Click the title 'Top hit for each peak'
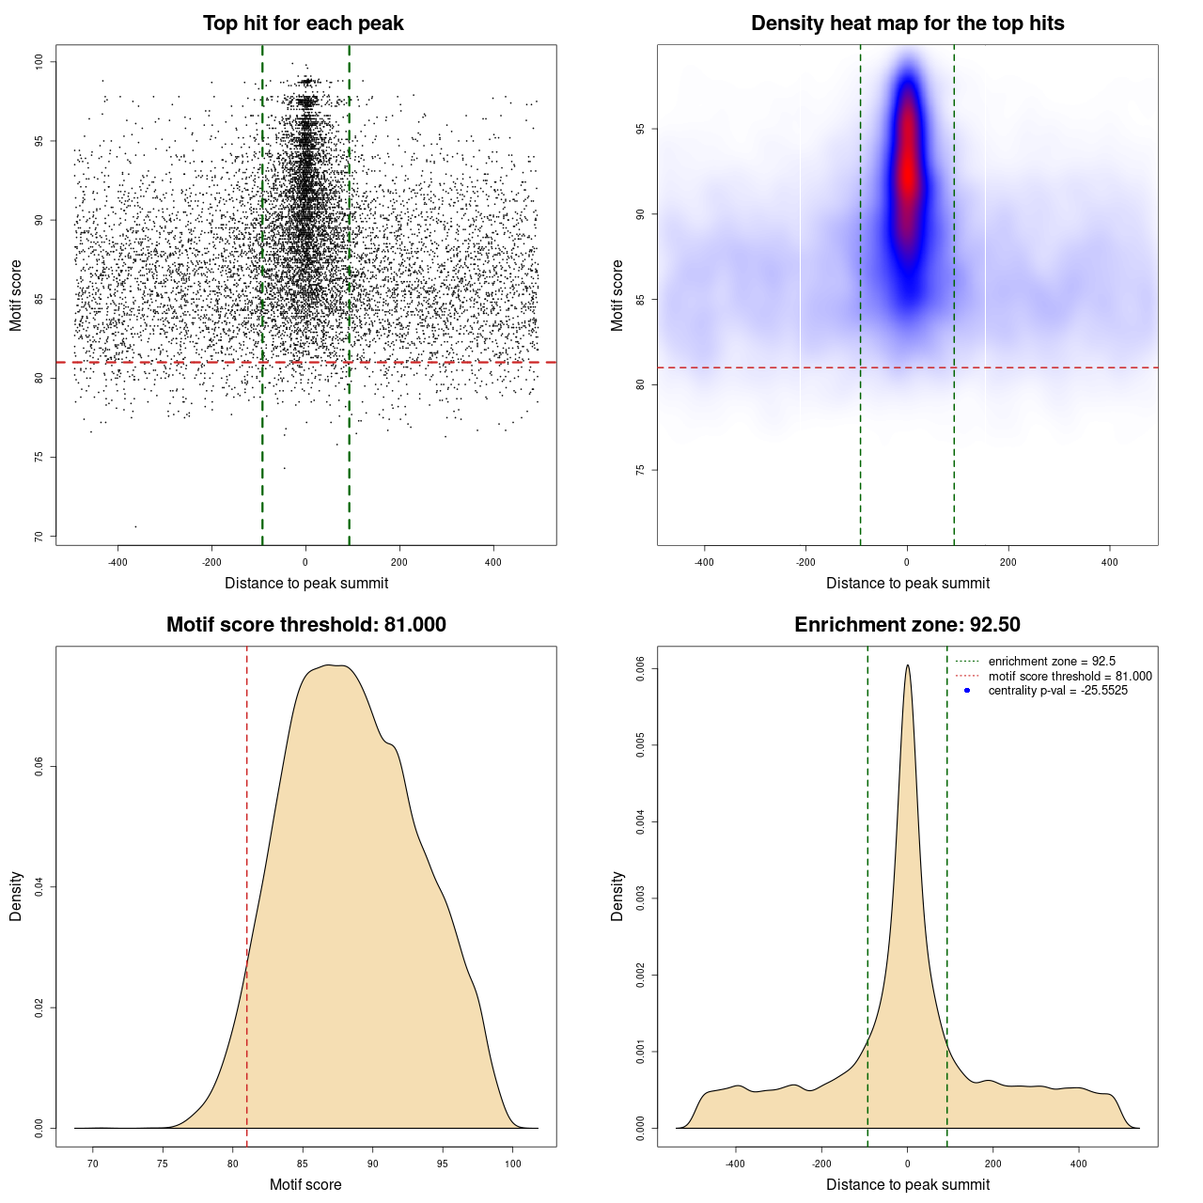[x=303, y=23]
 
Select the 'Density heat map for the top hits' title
[x=907, y=23]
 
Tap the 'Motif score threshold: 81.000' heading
[x=305, y=625]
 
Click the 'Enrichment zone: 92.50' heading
[x=907, y=625]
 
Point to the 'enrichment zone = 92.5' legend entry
[x=1052, y=662]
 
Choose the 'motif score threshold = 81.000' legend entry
[x=1070, y=676]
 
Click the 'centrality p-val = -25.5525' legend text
[x=1057, y=691]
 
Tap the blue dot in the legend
[x=967, y=691]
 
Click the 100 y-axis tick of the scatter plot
[x=39, y=62]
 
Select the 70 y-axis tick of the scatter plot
[x=39, y=537]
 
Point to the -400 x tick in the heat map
[x=704, y=562]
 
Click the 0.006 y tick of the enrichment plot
[x=640, y=669]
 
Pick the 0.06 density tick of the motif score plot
[x=39, y=767]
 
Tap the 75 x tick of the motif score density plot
[x=163, y=1164]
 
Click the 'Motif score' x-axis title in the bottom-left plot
[x=305, y=1184]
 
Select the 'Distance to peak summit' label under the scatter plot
[x=306, y=583]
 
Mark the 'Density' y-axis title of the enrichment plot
[x=617, y=896]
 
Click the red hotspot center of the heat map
[x=908, y=174]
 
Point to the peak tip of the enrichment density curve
[x=908, y=665]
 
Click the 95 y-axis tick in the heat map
[x=640, y=129]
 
